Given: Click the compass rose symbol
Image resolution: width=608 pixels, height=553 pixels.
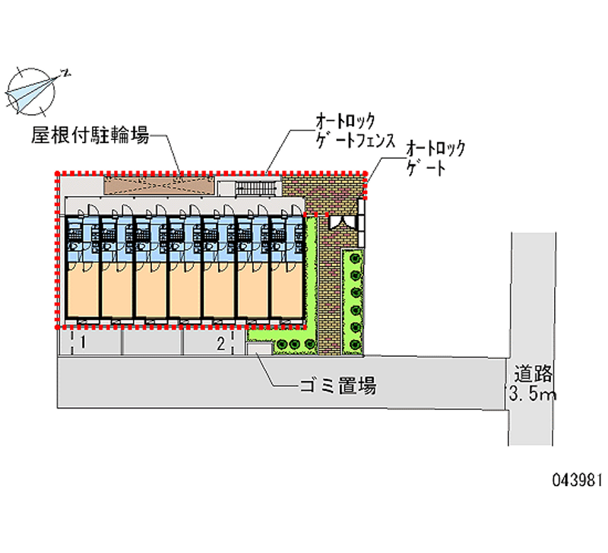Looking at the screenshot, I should pyautogui.click(x=30, y=89).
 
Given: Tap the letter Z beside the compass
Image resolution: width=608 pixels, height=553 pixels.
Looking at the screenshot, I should pyautogui.click(x=66, y=74).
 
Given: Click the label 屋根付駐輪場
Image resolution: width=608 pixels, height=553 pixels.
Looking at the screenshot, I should pyautogui.click(x=89, y=137).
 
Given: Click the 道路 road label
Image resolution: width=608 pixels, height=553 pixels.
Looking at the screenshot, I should pyautogui.click(x=534, y=374).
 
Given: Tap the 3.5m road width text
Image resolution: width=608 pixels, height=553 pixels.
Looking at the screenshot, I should pyautogui.click(x=533, y=395).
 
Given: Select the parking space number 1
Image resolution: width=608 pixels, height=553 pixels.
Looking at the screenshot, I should pyautogui.click(x=82, y=344).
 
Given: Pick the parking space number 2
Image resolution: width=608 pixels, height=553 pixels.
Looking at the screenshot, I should pyautogui.click(x=220, y=344).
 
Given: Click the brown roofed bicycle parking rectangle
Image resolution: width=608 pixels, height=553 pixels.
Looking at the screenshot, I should pyautogui.click(x=158, y=184).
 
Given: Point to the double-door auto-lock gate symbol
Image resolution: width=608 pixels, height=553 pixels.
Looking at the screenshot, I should pyautogui.click(x=343, y=221).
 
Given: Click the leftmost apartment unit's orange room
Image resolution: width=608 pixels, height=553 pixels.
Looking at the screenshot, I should pyautogui.click(x=81, y=289).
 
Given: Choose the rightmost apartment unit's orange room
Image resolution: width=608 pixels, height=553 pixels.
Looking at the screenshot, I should pyautogui.click(x=287, y=289).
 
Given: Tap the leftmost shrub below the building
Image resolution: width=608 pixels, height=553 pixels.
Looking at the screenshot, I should pyautogui.click(x=282, y=345).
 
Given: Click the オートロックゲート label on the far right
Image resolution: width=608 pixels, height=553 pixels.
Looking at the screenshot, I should pyautogui.click(x=435, y=157).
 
